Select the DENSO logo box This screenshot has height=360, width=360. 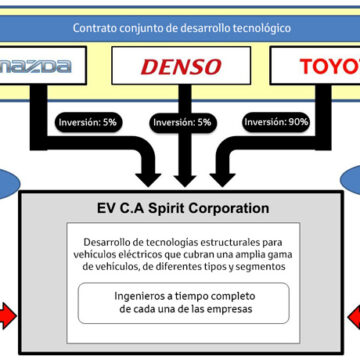click(x=181, y=68)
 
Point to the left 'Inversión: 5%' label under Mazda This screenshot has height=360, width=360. click(x=87, y=124)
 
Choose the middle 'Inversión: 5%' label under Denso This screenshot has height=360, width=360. click(x=181, y=124)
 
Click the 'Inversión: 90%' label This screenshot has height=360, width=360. click(x=276, y=124)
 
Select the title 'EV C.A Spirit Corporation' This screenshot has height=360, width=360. click(x=180, y=209)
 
